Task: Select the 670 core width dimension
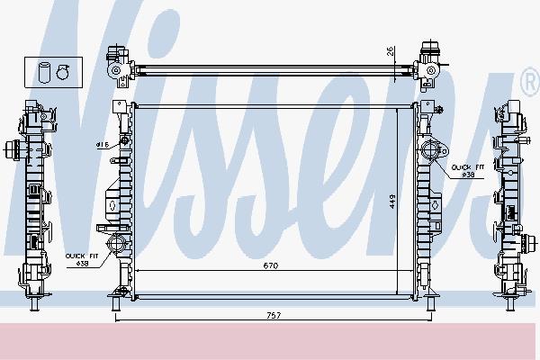(269, 266)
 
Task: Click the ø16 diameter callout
(102, 144)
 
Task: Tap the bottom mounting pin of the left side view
(31, 306)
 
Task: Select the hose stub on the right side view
(528, 148)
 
